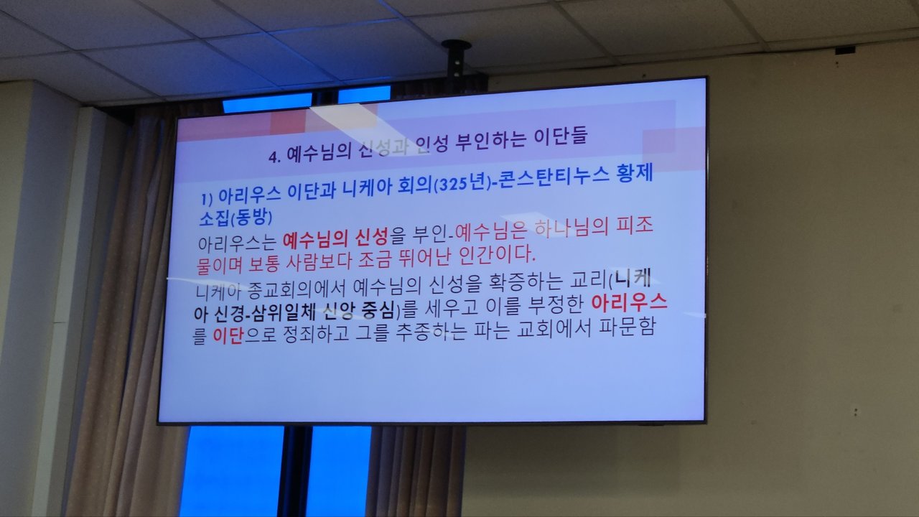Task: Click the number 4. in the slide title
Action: pyautogui.click(x=275, y=157)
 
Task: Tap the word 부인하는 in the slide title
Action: pyautogui.click(x=490, y=141)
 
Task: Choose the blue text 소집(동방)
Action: pyautogui.click(x=235, y=217)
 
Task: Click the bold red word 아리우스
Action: pyautogui.click(x=629, y=303)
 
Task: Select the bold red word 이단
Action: pyautogui.click(x=228, y=337)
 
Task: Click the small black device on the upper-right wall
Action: pyautogui.click(x=845, y=50)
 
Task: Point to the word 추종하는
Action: pyautogui.click(x=431, y=332)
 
